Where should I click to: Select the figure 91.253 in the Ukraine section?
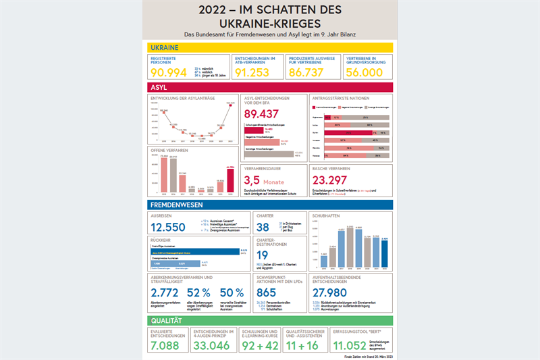(x=254, y=72)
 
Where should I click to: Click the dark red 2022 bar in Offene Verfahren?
(x=230, y=180)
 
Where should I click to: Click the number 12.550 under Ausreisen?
(x=172, y=227)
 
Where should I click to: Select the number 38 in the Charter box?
(x=263, y=227)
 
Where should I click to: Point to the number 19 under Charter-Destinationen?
(x=263, y=255)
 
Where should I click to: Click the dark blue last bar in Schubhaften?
(x=385, y=253)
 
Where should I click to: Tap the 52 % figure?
(x=199, y=293)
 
